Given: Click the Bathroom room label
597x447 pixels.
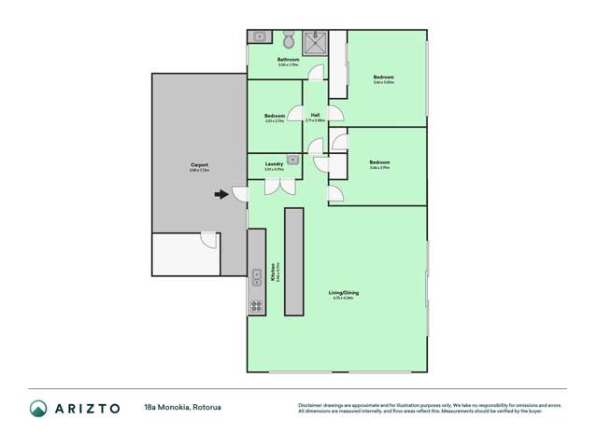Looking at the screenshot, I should point(288,61).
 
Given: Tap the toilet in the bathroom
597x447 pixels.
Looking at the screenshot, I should point(290,40).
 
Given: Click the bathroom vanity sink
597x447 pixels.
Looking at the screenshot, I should point(259,37).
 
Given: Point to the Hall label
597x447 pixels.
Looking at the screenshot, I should point(316,116).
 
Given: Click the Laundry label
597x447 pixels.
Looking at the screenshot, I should point(274,164).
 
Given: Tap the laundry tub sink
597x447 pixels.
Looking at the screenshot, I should point(292,161).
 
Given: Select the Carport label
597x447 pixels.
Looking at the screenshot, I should point(199,165).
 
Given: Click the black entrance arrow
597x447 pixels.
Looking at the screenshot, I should point(220,195).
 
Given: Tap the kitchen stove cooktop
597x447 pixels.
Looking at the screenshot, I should point(256,305).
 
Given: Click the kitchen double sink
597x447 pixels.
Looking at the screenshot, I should point(256,277).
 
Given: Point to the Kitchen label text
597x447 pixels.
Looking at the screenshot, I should point(272,272).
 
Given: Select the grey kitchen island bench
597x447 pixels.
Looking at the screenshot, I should point(293,261).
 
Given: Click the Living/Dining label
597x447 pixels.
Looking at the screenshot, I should point(344,293).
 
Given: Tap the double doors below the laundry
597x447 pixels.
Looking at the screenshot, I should point(276,186).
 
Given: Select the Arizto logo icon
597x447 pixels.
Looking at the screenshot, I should point(39,409).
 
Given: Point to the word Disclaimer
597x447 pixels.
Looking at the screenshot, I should point(311,405).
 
